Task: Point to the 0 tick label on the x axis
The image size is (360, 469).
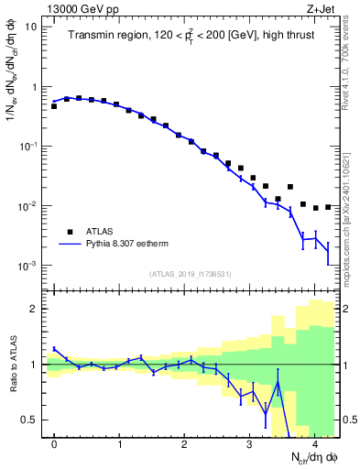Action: [54, 443]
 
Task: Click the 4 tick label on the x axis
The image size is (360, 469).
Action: [314, 443]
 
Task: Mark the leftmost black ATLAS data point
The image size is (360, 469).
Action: [54, 106]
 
